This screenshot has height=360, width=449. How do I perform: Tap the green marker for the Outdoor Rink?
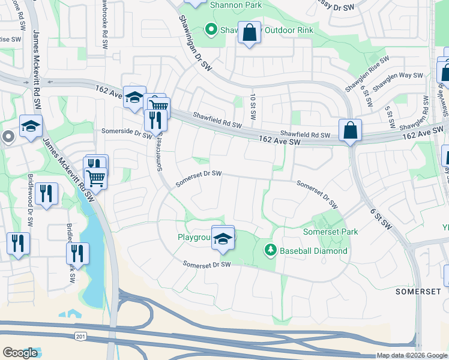(x=210, y=28)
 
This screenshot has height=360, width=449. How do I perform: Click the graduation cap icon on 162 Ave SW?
(x=135, y=98)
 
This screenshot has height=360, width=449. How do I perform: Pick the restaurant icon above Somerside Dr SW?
(x=155, y=120)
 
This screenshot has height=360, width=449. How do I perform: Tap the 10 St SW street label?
(x=253, y=107)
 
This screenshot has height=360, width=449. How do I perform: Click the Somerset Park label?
(x=330, y=232)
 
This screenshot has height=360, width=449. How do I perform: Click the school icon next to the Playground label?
(x=223, y=238)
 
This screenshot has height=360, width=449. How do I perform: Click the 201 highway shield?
(x=80, y=337)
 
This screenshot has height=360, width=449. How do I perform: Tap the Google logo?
(x=20, y=352)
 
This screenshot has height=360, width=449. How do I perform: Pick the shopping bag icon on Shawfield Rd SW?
(x=350, y=130)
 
